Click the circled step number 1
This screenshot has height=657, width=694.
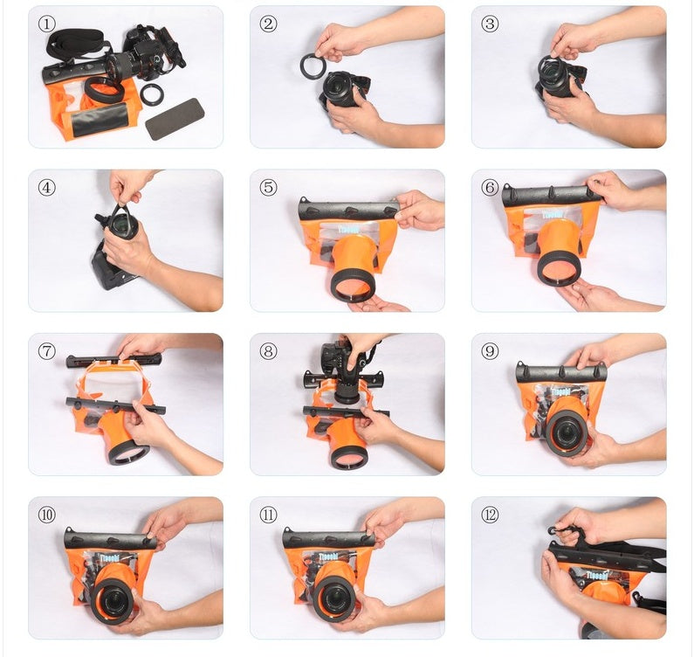47,24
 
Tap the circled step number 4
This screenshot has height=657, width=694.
47,187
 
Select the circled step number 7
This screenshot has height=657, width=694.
47,350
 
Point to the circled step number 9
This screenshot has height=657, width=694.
491,350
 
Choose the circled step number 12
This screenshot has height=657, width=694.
491,515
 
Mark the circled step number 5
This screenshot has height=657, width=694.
269,187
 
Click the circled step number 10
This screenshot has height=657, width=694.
47,515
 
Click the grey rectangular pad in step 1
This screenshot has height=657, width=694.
175,119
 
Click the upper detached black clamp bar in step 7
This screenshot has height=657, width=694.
113,359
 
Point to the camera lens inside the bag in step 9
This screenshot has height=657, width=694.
568,427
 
